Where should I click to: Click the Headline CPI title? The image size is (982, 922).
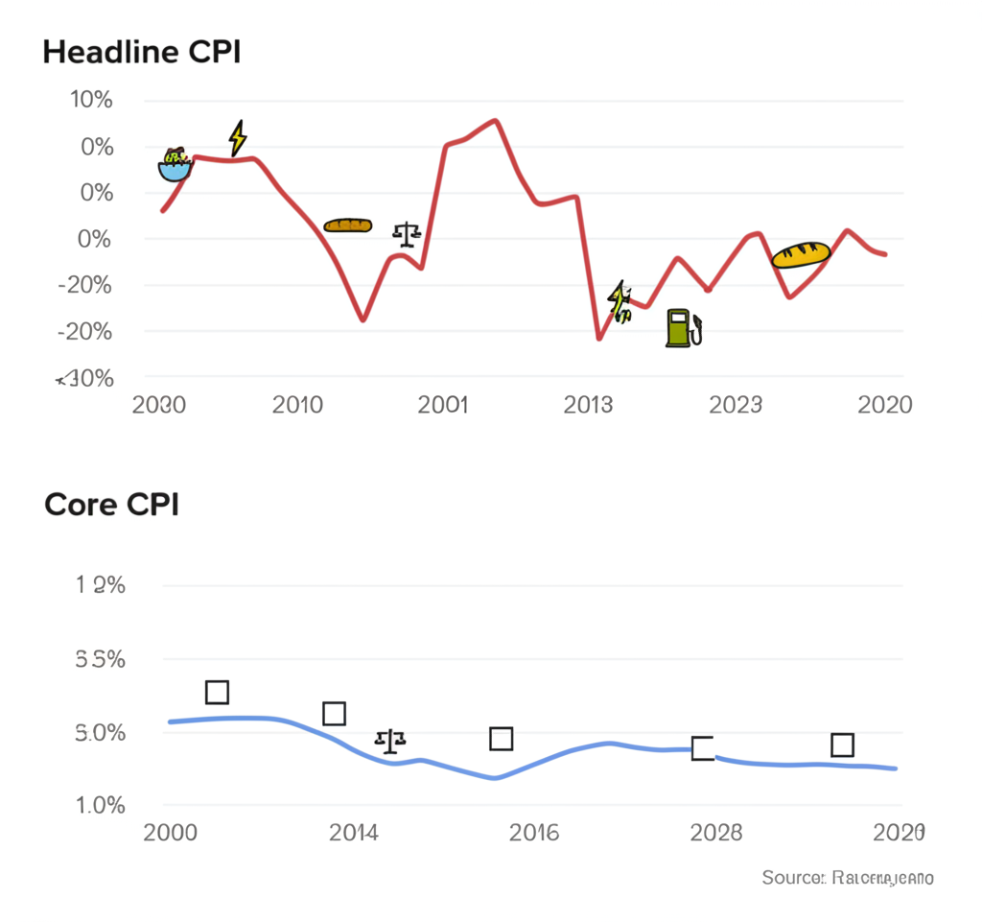pos(142,53)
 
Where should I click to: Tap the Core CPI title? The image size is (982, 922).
pos(111,505)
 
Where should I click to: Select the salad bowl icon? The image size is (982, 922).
pos(175,165)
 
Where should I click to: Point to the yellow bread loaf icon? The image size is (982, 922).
pos(800,254)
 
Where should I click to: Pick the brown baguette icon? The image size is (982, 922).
pos(347,225)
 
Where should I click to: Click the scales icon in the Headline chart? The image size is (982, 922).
pos(407,232)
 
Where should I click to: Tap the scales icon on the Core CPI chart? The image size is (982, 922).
pos(390,740)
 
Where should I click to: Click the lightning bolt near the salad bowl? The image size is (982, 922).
pos(237,137)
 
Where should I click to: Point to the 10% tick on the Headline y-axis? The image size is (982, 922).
pos(90,101)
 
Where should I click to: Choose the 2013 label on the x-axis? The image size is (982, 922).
pos(588,405)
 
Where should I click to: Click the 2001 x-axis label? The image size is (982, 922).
pos(443,405)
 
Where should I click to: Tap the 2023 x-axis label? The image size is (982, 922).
pos(736,405)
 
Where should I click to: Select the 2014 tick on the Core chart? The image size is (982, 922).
pos(354,833)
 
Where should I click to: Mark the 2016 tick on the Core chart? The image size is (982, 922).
pos(533,833)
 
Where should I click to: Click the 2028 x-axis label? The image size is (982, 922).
pos(715,833)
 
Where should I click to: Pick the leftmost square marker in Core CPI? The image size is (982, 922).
pos(217,693)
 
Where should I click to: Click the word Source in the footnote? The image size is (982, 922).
pos(792,878)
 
